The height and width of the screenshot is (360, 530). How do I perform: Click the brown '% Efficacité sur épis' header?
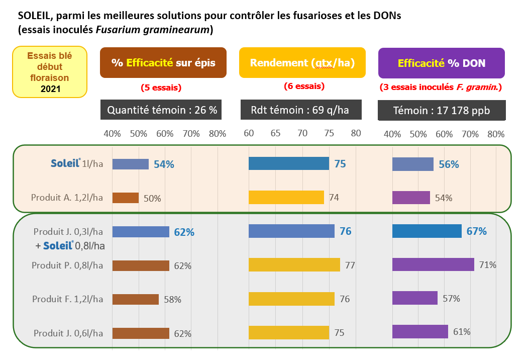click(x=163, y=62)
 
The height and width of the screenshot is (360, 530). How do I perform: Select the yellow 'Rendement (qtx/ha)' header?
click(x=302, y=62)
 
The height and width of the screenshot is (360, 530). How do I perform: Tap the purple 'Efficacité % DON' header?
click(x=442, y=63)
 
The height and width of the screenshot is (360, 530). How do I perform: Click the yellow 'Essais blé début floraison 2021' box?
click(x=50, y=72)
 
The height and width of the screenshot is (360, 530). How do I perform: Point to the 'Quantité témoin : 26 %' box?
click(x=161, y=110)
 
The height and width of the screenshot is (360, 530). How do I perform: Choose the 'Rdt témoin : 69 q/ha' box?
click(x=301, y=110)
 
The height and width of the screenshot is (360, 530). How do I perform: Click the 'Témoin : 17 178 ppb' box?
click(x=442, y=110)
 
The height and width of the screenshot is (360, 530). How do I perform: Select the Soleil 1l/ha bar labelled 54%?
click(x=131, y=164)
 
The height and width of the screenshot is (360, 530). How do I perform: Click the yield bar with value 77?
click(x=294, y=264)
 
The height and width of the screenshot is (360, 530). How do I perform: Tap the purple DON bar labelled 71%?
click(x=434, y=264)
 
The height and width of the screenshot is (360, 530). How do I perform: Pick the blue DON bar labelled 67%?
click(x=427, y=231)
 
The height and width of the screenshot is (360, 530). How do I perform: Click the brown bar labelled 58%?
click(x=136, y=300)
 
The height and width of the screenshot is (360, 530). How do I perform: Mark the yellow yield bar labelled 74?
click(x=286, y=198)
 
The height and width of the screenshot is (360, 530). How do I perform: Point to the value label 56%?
click(x=449, y=164)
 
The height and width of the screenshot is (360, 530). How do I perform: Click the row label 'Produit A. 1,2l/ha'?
click(x=67, y=198)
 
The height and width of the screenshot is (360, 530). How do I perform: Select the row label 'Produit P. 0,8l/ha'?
click(x=67, y=265)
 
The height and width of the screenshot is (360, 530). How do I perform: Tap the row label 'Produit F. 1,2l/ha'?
click(x=68, y=299)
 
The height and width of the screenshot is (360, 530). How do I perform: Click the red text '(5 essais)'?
click(x=161, y=87)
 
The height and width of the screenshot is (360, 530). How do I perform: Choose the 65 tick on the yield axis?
click(x=275, y=133)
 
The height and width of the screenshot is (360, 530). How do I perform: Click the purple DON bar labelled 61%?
click(x=420, y=331)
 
